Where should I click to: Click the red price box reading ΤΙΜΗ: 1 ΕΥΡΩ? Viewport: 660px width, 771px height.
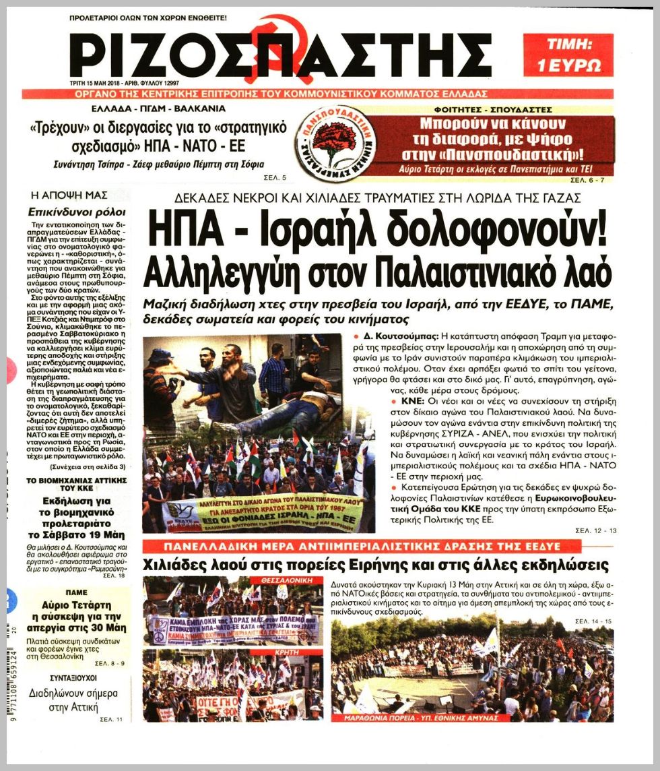coord(568,55)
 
